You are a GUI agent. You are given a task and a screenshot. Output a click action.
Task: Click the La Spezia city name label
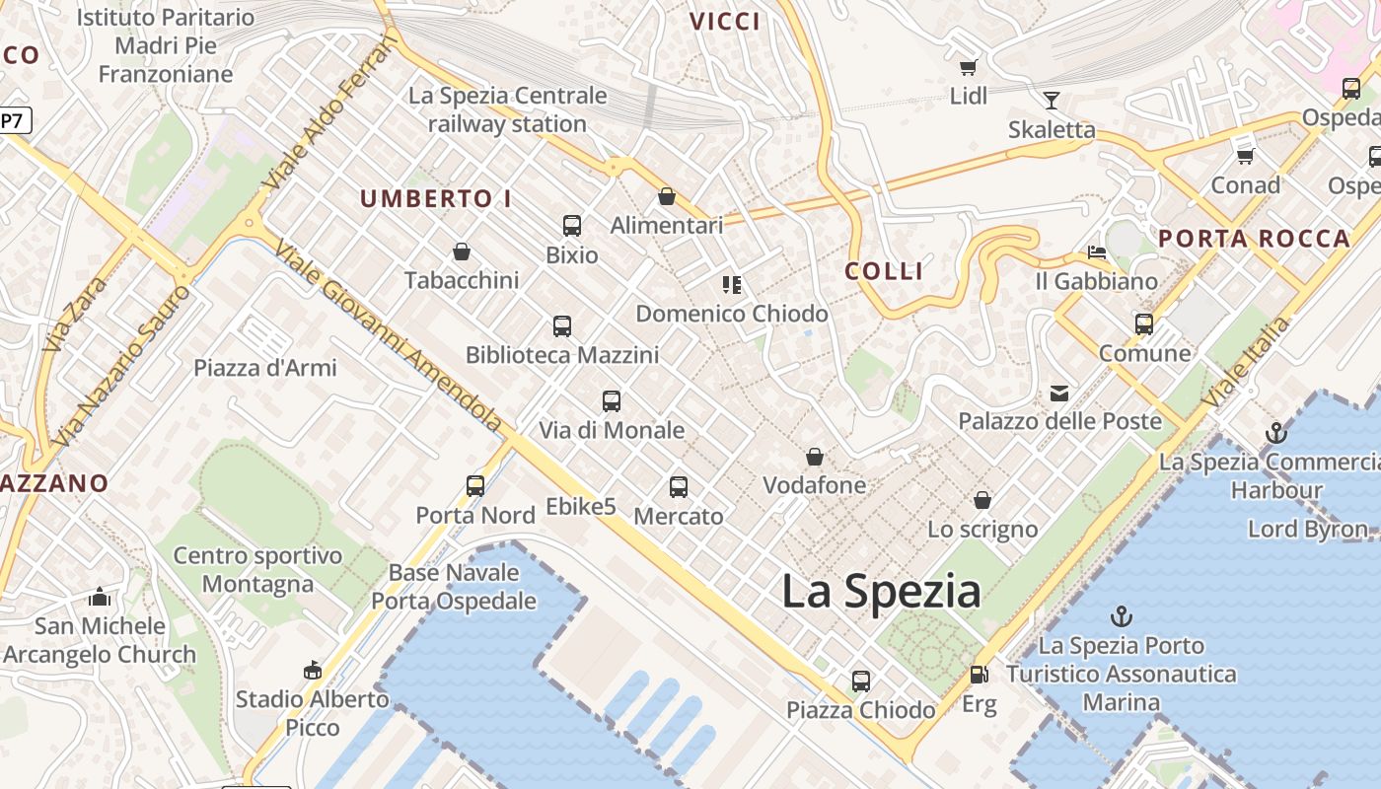coord(881,592)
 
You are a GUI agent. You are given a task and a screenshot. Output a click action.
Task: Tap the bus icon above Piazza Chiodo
coord(861,681)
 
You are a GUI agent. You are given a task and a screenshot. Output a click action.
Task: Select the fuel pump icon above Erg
coord(979,676)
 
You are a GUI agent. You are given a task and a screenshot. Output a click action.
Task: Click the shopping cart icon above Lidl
coord(968,67)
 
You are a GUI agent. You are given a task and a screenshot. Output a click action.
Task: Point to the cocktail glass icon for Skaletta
coord(1052,100)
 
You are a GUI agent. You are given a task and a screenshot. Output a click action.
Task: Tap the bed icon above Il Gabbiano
coord(1096,252)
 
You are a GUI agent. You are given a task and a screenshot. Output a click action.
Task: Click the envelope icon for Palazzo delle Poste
coord(1058,394)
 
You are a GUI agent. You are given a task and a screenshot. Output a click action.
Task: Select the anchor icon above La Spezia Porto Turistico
coord(1121,617)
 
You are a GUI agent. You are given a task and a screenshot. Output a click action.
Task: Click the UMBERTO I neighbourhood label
coord(435,198)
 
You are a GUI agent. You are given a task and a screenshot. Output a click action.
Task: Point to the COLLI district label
coord(884,271)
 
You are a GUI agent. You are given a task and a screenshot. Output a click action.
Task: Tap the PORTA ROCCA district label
coord(1254,239)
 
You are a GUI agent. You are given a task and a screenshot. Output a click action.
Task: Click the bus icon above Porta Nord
coord(475,485)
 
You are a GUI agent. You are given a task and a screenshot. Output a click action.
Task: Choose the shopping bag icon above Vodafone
coord(815,457)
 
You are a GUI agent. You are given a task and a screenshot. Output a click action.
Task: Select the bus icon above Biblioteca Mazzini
coord(562,325)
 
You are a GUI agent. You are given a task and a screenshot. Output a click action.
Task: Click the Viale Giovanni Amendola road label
coord(389,335)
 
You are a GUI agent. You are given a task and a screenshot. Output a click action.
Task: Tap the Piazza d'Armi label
coord(264,368)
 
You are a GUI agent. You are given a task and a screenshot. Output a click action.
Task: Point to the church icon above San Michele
coord(100,598)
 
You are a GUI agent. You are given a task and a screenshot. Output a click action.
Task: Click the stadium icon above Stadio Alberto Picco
coord(312,671)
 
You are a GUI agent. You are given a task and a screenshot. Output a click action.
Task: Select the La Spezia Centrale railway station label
coord(508,109)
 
